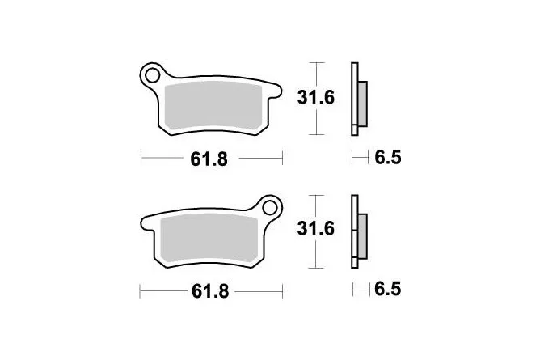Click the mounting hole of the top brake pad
click(x=152, y=75)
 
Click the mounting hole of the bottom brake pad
click(x=270, y=207)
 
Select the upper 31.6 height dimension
click(x=316, y=98)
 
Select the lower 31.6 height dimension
click(x=316, y=229)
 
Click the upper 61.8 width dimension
click(x=209, y=159)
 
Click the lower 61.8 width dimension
click(x=210, y=291)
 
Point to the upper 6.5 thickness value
click(x=388, y=158)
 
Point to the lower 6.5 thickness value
click(x=388, y=289)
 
